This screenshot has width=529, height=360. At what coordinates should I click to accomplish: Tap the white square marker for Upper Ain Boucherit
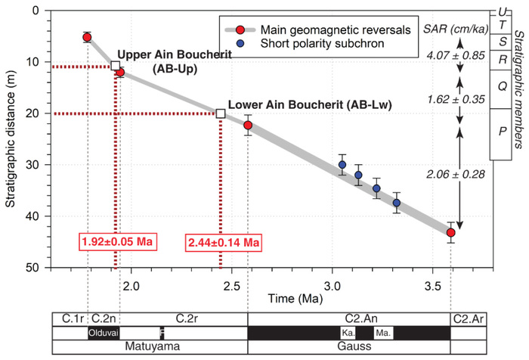pos(116,66)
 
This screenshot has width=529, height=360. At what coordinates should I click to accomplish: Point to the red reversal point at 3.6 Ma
pos(451,232)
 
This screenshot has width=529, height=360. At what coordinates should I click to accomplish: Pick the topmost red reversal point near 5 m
pos(87,37)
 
